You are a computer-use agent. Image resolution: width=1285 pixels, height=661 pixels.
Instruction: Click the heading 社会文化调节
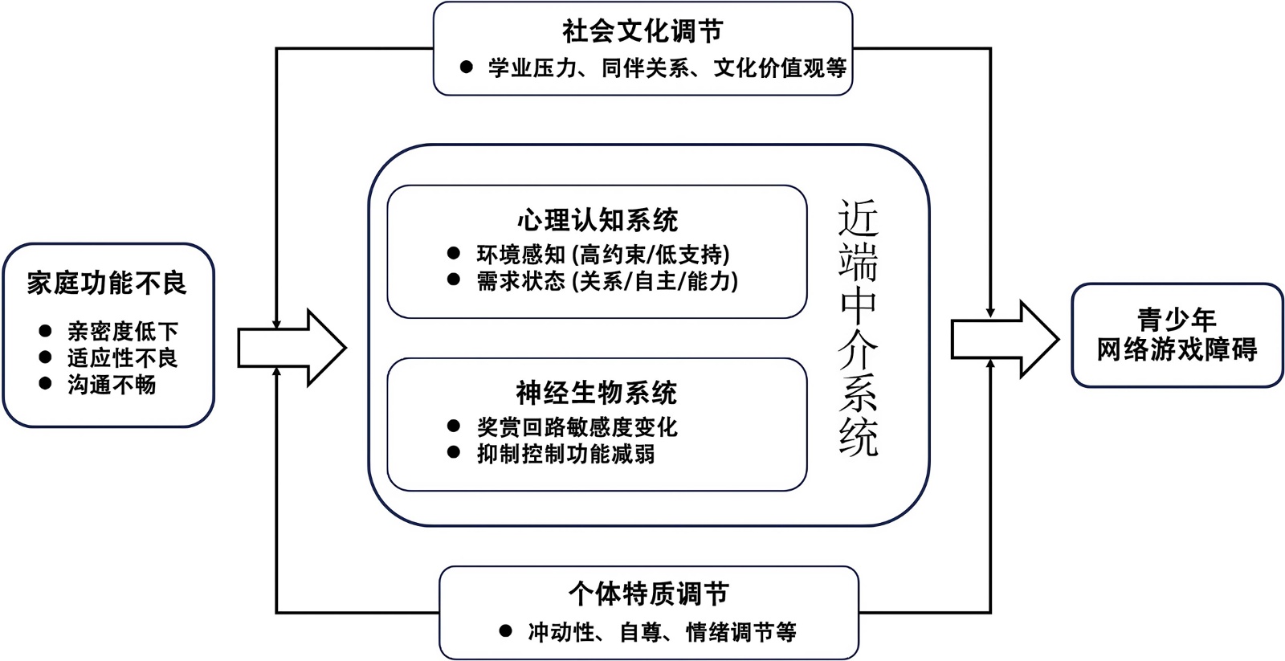[642, 31]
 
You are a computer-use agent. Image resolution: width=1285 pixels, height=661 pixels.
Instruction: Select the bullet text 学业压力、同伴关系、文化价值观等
[667, 68]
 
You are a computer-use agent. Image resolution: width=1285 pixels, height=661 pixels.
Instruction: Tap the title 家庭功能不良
[107, 283]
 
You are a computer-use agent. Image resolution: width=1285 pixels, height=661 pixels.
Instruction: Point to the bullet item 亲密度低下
[122, 331]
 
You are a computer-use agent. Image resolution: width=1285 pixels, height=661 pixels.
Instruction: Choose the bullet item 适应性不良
[122, 357]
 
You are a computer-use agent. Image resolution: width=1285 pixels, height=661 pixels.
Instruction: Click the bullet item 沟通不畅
[112, 385]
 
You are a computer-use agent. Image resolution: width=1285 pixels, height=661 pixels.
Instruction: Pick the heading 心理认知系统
[597, 220]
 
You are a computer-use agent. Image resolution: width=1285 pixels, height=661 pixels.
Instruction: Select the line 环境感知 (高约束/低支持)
[603, 255]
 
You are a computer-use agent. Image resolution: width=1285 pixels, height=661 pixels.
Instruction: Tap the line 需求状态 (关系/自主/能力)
[607, 281]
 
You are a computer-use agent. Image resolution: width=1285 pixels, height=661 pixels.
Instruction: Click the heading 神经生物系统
[597, 393]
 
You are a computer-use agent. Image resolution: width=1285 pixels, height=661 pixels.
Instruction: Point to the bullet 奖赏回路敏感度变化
[577, 427]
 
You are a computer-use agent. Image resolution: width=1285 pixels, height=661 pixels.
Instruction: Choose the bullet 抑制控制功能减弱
[565, 454]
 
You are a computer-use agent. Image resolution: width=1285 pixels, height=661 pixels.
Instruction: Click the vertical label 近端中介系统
[859, 328]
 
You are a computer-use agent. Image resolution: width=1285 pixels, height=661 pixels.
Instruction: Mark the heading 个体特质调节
[648, 594]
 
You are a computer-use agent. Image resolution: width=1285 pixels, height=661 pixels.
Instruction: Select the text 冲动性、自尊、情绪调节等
[662, 632]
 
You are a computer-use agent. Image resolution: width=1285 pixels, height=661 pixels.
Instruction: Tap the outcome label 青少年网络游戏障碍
[1177, 335]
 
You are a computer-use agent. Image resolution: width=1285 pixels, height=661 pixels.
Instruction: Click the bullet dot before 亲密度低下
[46, 331]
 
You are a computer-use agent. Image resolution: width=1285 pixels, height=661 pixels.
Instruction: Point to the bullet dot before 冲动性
[505, 631]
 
